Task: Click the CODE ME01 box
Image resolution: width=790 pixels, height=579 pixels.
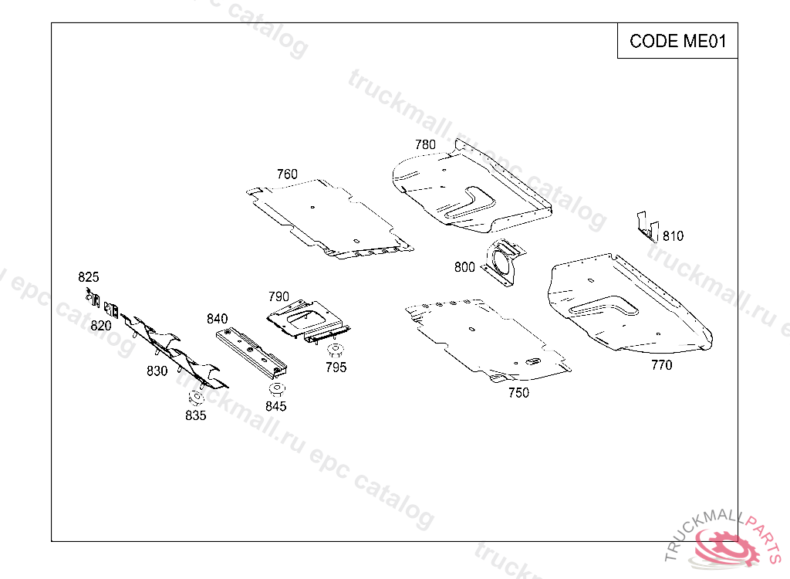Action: point(677,41)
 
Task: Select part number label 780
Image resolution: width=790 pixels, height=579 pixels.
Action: point(425,145)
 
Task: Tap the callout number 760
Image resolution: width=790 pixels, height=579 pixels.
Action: point(287,174)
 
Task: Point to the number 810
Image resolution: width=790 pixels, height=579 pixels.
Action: point(673,236)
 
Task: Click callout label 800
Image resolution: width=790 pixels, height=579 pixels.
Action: point(464,267)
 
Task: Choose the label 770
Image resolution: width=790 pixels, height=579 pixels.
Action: point(661,365)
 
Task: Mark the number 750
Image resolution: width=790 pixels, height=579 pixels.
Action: point(518,393)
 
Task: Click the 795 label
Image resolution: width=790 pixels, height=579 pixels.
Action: point(336,367)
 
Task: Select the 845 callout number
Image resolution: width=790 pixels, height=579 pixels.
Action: point(276,407)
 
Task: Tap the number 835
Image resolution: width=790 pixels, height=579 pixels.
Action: point(195,415)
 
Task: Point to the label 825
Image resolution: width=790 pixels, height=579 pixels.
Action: point(89,277)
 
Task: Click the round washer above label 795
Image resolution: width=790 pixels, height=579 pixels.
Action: point(335,350)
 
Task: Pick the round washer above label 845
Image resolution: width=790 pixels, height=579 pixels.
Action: point(277,389)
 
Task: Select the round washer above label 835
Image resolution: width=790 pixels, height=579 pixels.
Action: point(196,398)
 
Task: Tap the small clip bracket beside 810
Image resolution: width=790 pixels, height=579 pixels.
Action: point(647,228)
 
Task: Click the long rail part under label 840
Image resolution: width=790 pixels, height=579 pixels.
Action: point(252,352)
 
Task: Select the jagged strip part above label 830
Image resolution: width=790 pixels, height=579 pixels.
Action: point(174,350)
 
